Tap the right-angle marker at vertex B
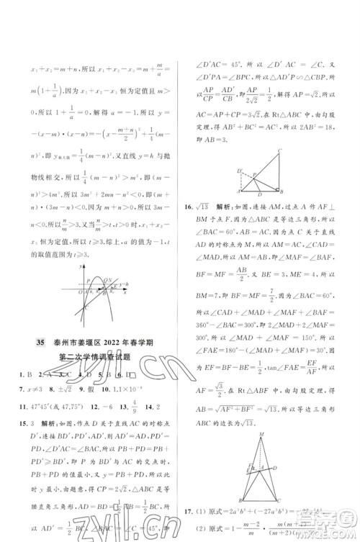277,192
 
